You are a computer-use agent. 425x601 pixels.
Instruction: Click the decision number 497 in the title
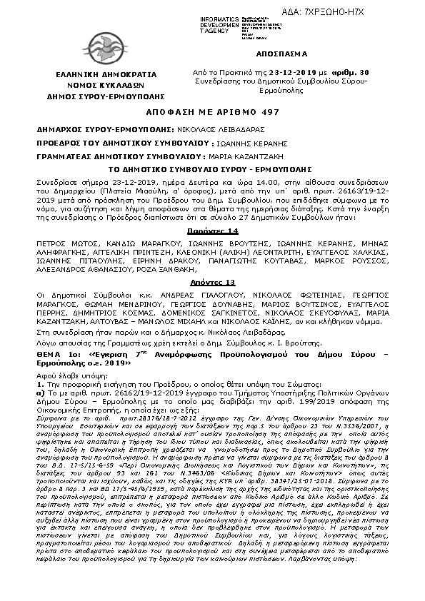click(x=271, y=113)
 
